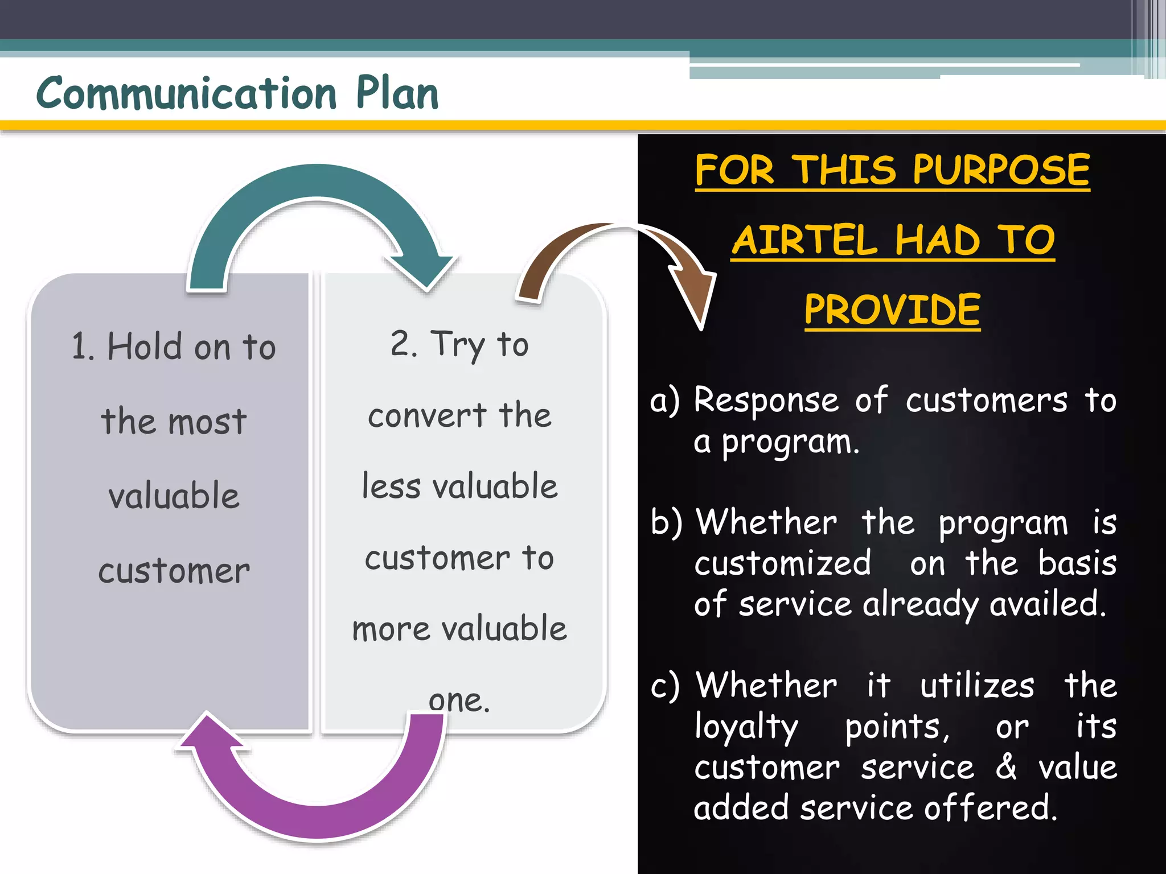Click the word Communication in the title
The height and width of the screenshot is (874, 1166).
pyautogui.click(x=186, y=94)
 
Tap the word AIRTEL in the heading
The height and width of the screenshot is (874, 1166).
pyautogui.click(x=804, y=240)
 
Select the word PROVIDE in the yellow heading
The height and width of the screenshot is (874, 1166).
pyautogui.click(x=892, y=310)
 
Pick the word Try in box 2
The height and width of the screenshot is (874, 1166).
pyautogui.click(x=458, y=345)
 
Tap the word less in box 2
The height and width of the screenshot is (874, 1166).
pyautogui.click(x=391, y=487)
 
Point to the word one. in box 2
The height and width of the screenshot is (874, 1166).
pyautogui.click(x=459, y=700)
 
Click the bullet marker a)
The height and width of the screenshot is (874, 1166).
pyautogui.click(x=665, y=401)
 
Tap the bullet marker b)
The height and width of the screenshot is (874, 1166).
pyautogui.click(x=666, y=522)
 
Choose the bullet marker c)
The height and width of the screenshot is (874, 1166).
pyautogui.click(x=665, y=685)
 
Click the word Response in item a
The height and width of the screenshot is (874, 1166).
pyautogui.click(x=766, y=400)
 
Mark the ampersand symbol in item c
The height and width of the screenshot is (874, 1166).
pyautogui.click(x=1006, y=766)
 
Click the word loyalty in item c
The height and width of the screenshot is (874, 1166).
pyautogui.click(x=746, y=727)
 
